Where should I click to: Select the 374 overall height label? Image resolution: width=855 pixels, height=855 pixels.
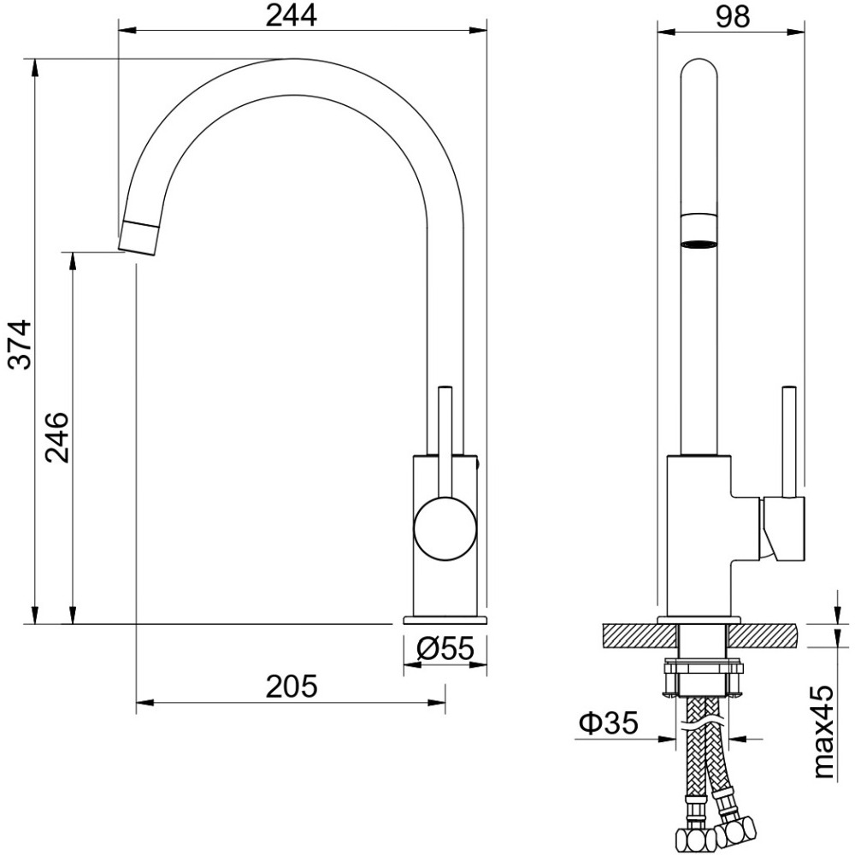[x=22, y=345]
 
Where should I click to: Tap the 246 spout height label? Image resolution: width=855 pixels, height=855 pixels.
[x=58, y=438]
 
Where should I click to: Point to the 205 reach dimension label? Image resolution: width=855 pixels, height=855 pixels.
[x=291, y=687]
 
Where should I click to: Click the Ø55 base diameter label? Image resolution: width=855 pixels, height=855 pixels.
[x=445, y=648]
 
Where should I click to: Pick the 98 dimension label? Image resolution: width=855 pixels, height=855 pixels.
[x=733, y=16]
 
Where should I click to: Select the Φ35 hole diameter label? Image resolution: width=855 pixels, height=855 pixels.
[x=608, y=723]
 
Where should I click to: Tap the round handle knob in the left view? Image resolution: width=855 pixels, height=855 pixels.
[x=445, y=528]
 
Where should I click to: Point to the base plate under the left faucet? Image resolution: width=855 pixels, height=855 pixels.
[x=445, y=620]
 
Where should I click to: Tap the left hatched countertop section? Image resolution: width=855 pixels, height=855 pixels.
[x=639, y=636]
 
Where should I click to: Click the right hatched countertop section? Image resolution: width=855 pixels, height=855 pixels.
[x=763, y=636]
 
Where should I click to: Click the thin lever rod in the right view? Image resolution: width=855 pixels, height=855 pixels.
[x=788, y=442]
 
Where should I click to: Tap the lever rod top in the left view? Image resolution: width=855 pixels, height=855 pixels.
[x=445, y=389]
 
